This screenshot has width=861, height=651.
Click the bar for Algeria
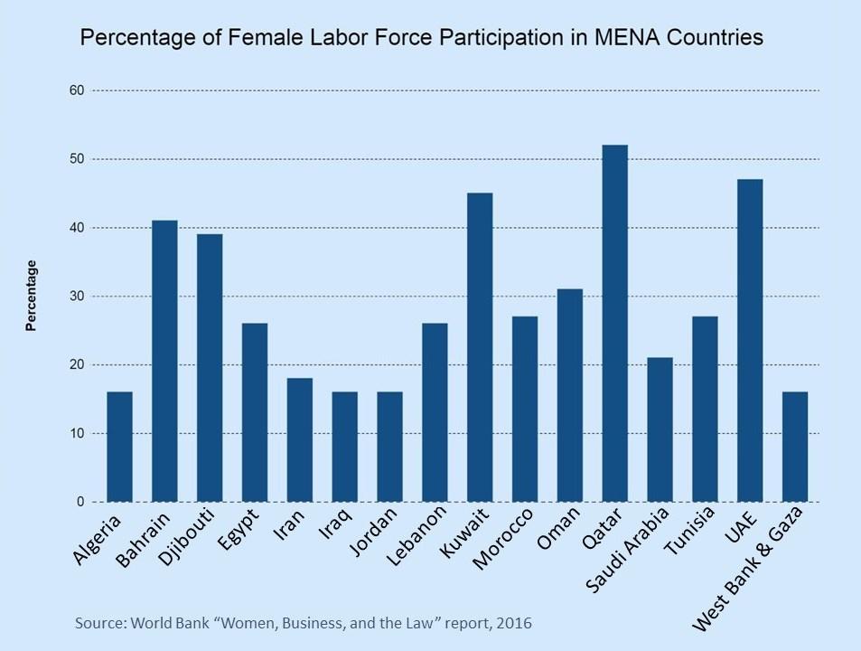tap(119, 447)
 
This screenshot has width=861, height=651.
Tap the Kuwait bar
tap(480, 347)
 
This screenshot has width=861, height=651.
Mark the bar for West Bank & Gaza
tap(795, 447)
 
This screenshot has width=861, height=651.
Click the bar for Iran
tap(299, 439)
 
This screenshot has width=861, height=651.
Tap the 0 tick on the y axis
tap(80, 502)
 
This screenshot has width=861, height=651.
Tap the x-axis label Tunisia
tap(691, 537)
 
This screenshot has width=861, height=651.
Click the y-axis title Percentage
tap(31, 296)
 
